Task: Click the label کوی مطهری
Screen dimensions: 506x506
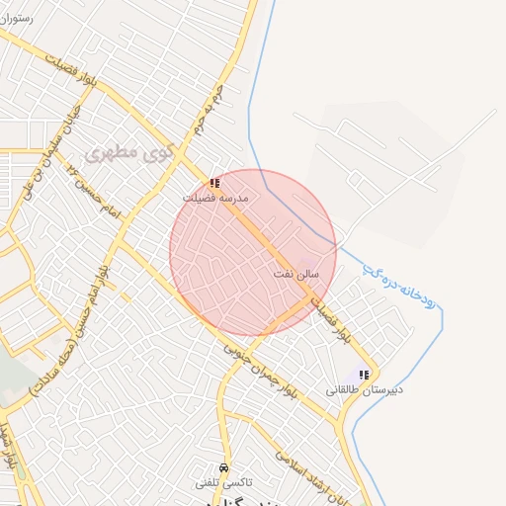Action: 129,153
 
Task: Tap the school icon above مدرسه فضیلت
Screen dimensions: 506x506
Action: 214,183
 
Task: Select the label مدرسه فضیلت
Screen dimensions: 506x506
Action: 214,198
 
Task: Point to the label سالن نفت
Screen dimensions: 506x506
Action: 295,272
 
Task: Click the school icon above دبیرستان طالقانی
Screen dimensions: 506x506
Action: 364,375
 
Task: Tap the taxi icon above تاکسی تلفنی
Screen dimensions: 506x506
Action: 223,467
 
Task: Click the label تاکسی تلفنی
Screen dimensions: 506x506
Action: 223,482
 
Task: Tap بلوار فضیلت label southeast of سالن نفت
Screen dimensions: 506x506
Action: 330,322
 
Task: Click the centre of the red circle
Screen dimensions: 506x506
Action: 253,253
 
